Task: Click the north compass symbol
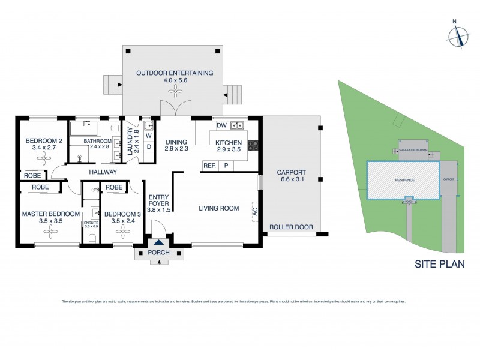tap(459, 35)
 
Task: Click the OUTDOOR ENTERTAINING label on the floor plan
tap(175, 73)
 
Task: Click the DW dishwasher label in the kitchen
tap(221, 125)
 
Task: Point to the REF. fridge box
tap(209, 166)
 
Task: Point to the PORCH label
tap(158, 252)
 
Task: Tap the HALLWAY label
tap(103, 172)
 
